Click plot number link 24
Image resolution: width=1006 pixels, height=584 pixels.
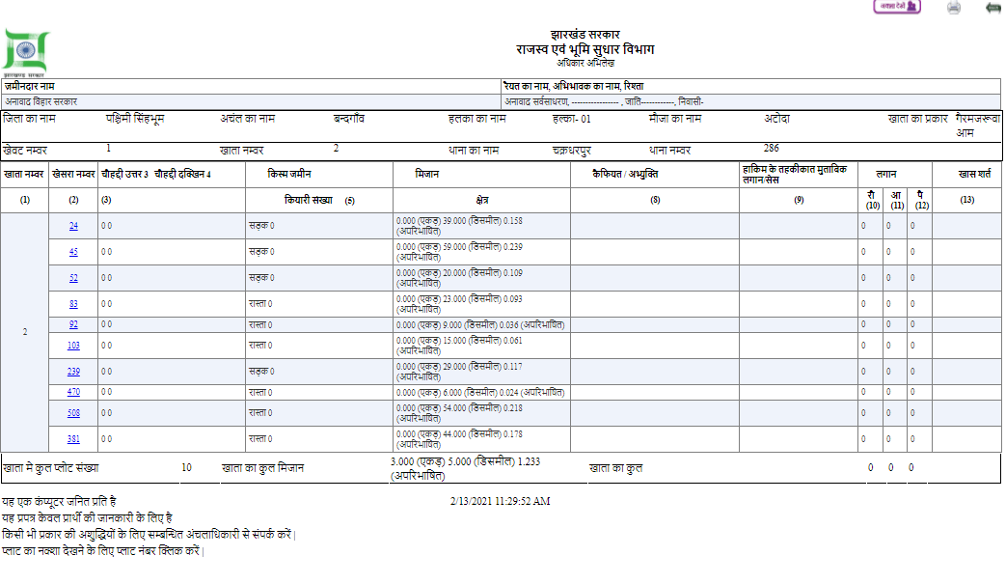[73, 226]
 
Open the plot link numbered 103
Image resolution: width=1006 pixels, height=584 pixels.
[73, 345]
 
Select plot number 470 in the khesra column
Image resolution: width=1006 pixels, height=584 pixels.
[73, 392]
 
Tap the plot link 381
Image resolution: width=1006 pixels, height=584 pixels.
[73, 439]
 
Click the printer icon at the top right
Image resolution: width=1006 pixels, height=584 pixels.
[954, 8]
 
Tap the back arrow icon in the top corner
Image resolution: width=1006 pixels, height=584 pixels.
[992, 8]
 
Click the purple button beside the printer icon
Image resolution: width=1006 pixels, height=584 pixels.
[897, 7]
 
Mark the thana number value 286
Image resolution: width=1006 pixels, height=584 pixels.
[771, 149]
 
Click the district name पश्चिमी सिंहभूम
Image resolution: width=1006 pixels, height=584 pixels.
[135, 119]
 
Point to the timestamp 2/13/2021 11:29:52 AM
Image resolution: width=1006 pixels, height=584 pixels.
[500, 502]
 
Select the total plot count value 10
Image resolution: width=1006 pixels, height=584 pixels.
[186, 467]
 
